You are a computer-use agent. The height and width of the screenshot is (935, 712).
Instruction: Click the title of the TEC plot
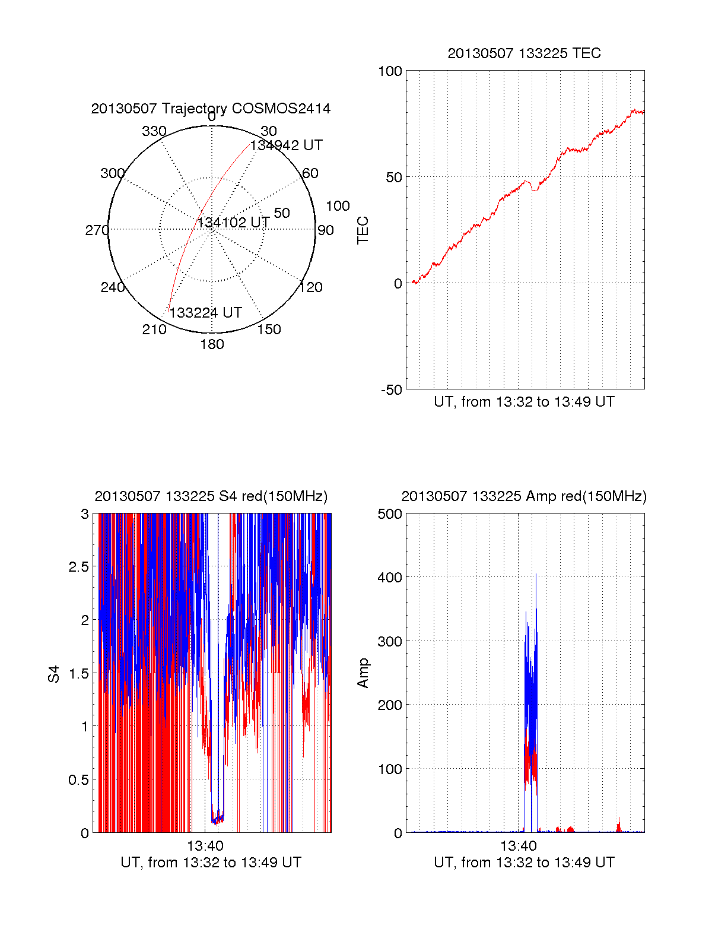point(524,53)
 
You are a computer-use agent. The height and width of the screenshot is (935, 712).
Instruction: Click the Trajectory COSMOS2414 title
point(211,109)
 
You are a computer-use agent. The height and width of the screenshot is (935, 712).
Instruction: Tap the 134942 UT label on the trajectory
point(287,145)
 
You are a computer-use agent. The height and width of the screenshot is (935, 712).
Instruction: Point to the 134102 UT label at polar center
point(234,223)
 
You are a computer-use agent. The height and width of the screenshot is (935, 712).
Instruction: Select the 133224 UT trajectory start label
point(206,313)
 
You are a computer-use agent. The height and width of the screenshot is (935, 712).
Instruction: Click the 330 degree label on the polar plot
point(154,131)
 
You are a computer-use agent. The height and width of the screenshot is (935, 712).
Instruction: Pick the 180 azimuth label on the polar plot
point(212,344)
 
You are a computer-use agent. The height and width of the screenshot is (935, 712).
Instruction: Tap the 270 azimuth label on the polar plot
point(97,230)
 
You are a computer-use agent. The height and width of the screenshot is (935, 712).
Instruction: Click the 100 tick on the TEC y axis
point(390,71)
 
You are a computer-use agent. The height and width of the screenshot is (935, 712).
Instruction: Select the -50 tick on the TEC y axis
point(392,390)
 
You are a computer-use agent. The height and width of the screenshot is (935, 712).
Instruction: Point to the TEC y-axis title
point(363,230)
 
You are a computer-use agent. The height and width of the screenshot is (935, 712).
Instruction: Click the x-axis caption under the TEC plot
point(524,402)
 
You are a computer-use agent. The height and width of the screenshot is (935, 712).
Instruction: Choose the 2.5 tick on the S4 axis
point(78,567)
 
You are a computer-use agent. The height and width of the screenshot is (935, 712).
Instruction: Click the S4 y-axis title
point(54,674)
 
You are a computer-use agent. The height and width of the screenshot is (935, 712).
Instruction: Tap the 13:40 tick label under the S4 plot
point(205,845)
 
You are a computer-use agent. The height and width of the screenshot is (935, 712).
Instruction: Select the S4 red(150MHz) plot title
point(211,496)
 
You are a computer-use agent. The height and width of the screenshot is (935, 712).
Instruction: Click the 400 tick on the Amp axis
point(390,577)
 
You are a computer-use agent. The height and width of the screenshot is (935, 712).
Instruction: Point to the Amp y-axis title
point(363,673)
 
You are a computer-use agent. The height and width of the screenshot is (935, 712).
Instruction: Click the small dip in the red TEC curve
point(535,189)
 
